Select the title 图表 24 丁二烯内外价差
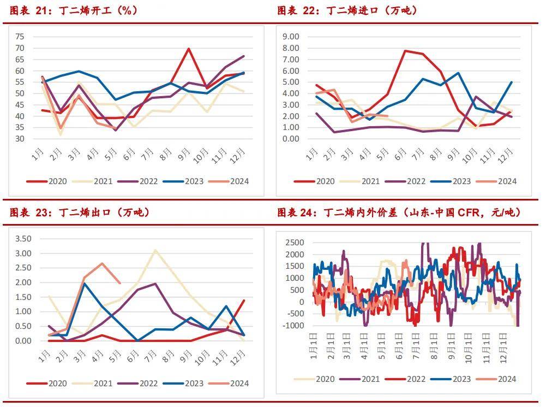pos(399,213)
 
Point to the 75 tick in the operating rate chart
pos(20,37)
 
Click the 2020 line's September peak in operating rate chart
pos(188,49)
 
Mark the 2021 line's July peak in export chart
pos(155,250)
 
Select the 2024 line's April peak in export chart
pos(102,263)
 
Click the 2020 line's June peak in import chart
pos(405,51)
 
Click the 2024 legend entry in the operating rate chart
pos(232,181)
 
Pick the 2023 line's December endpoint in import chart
pos(511,82)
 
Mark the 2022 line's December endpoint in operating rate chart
pos(243,56)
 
